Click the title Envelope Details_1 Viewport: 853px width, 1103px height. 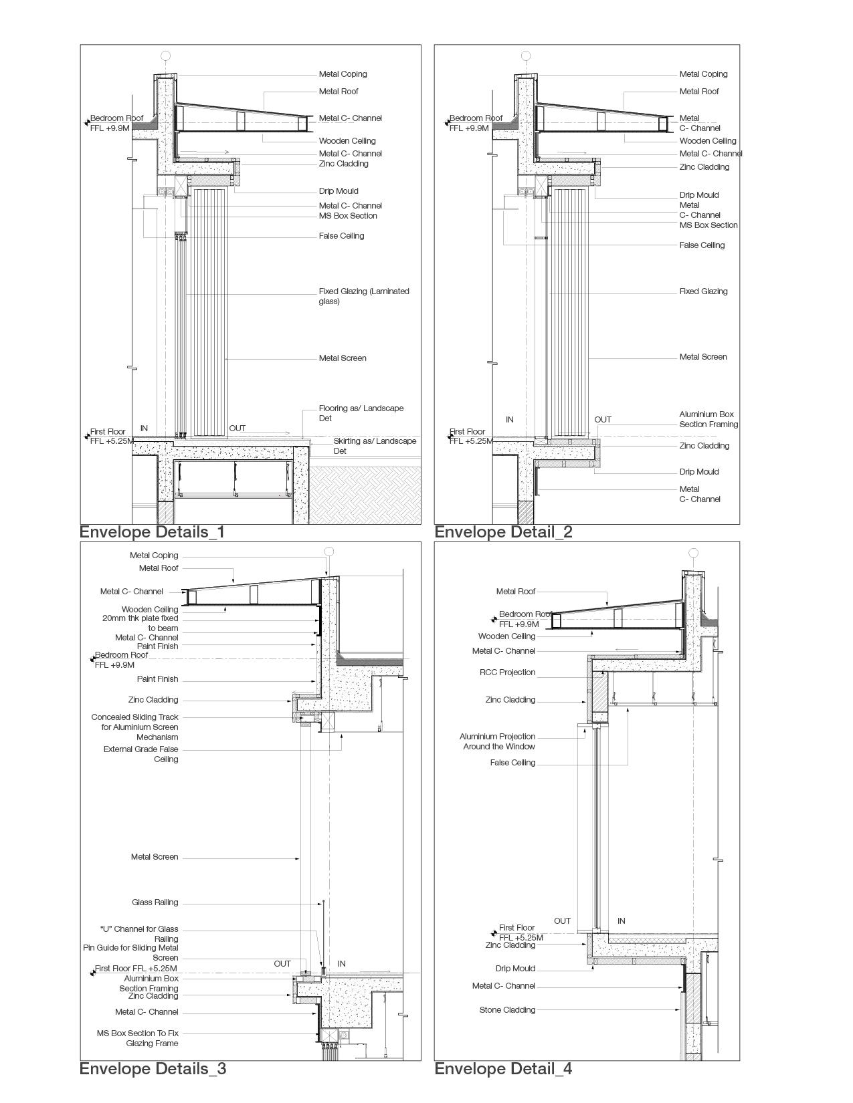tap(152, 532)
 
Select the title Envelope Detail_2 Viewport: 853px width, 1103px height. tap(503, 532)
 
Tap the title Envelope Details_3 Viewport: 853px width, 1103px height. tap(153, 1069)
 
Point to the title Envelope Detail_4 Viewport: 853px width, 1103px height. tap(503, 1069)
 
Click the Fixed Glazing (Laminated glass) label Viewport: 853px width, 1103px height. tap(363, 296)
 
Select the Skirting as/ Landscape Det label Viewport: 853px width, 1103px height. tap(375, 446)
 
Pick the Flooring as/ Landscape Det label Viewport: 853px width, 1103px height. tap(361, 413)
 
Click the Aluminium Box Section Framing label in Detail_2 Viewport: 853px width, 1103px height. tap(708, 419)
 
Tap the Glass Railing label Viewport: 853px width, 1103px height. tap(155, 902)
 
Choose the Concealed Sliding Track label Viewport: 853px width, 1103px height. tap(135, 727)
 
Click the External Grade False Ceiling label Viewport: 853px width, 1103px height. tap(141, 754)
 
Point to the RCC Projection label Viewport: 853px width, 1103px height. tap(507, 672)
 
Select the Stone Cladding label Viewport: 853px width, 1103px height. tap(507, 1010)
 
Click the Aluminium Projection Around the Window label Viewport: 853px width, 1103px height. tap(498, 741)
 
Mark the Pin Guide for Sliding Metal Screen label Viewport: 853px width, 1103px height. tap(131, 953)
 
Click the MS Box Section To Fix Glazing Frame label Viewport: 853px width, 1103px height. tap(138, 1038)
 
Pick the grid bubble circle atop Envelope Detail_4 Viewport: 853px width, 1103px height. tap(694, 553)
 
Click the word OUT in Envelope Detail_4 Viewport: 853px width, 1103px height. tap(562, 921)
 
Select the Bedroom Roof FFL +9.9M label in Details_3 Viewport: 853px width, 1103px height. tap(121, 660)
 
